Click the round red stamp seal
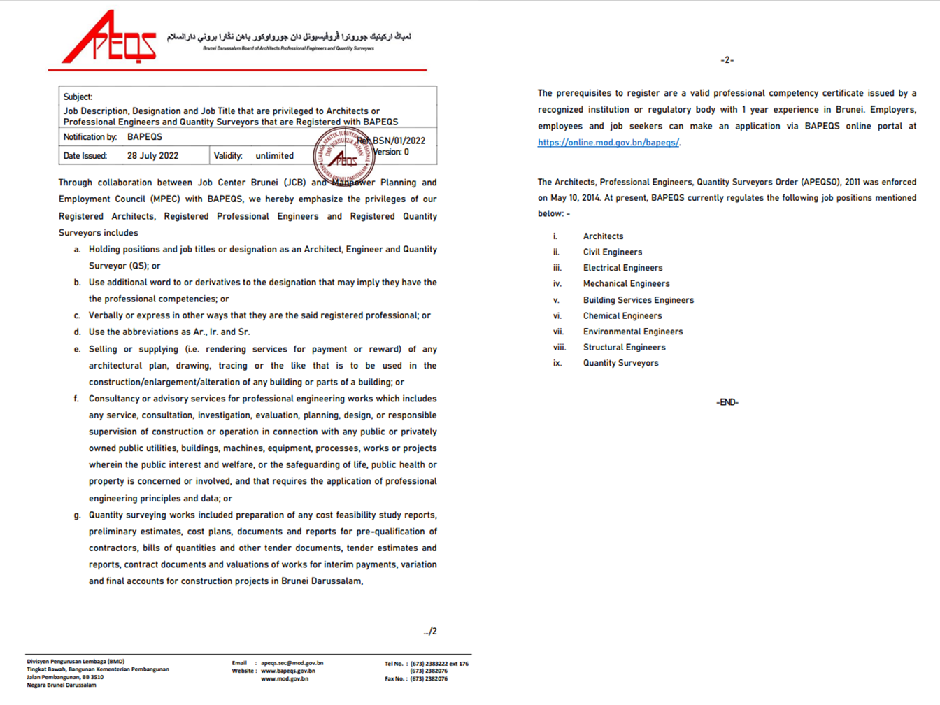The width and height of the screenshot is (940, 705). click(343, 156)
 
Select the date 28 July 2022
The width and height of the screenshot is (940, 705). click(152, 156)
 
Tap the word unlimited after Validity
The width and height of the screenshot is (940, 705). click(274, 156)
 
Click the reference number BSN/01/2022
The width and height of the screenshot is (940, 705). click(399, 141)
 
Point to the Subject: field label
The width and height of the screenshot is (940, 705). click(78, 97)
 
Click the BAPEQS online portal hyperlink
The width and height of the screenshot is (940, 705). click(608, 143)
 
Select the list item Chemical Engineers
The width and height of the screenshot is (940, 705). click(622, 316)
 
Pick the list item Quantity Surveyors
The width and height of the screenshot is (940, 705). click(620, 364)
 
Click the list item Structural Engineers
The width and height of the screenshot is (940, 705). click(624, 348)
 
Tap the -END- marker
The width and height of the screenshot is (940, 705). click(727, 402)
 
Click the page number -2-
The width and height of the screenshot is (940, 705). click(727, 60)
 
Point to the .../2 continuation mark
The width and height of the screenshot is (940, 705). click(430, 632)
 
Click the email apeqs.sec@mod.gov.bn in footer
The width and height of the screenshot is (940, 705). click(292, 663)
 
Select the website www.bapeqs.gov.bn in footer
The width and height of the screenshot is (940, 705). click(287, 671)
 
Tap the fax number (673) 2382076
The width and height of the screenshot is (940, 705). click(428, 678)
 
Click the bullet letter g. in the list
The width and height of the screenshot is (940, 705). click(77, 515)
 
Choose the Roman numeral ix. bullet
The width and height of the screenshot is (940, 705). click(557, 364)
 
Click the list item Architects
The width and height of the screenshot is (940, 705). click(603, 236)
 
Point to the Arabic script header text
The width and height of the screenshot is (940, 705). click(288, 36)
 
